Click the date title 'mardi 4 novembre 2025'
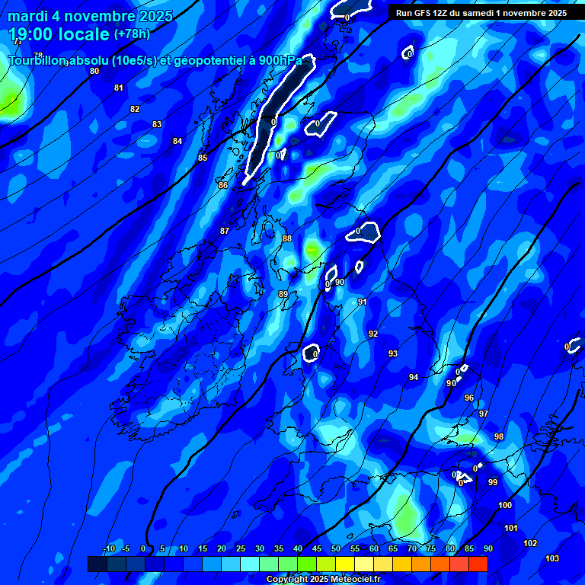pos(90,16)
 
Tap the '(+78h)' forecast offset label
pos(132,34)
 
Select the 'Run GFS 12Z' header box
pos(481,13)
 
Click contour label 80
pos(94,71)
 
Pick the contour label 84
pos(177,141)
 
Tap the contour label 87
pos(224,231)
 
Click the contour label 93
pos(393,353)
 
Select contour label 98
pos(499,436)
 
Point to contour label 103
pos(552,558)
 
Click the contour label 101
pos(511,528)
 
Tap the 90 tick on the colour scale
pos(487,549)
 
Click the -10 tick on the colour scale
pos(108,549)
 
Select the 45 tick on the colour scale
pos(317,549)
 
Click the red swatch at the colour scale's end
pos(478,564)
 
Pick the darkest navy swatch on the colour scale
pos(97,564)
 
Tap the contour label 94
pos(413,377)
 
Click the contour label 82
pos(135,109)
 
